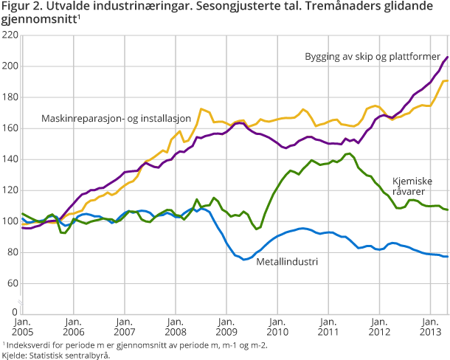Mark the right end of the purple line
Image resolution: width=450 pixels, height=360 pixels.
(448, 57)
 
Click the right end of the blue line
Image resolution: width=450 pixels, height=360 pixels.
(448, 257)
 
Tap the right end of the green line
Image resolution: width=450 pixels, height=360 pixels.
(448, 210)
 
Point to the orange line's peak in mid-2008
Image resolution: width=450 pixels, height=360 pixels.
(201, 109)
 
